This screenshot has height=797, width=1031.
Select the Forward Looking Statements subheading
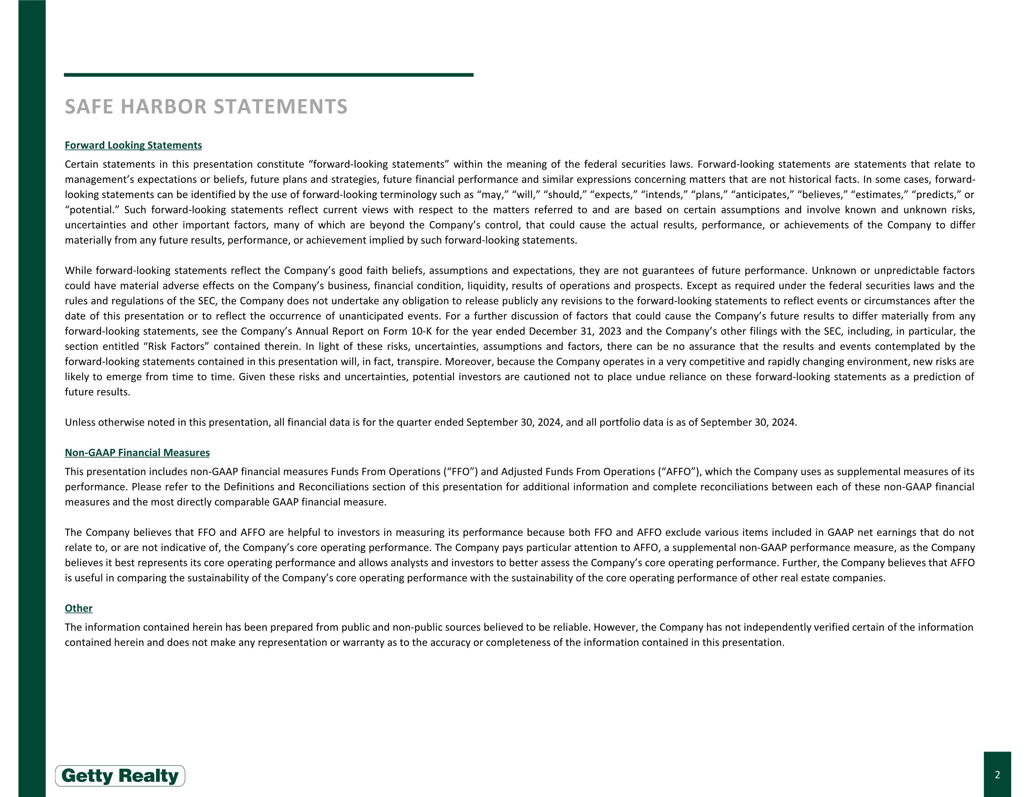click(133, 145)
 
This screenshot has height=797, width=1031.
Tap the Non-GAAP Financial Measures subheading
click(137, 453)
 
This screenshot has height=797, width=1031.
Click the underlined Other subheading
click(78, 608)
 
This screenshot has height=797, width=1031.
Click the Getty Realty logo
click(120, 776)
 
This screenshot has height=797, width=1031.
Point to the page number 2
click(997, 775)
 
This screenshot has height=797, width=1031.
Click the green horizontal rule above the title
click(268, 75)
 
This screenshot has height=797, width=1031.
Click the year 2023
click(609, 331)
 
